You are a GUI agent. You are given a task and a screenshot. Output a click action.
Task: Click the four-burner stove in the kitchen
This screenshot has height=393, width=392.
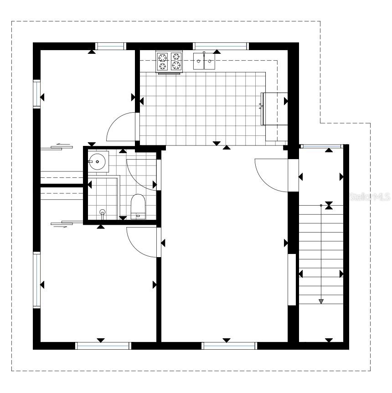tap(169, 62)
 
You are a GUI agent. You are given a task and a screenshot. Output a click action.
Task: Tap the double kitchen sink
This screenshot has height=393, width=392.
tap(204, 61)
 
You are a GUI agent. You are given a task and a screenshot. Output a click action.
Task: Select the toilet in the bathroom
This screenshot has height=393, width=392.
tap(138, 206)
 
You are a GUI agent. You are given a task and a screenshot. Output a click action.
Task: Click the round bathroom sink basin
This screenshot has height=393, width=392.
tap(97, 162)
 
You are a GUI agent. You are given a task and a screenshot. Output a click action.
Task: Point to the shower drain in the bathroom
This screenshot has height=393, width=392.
tap(102, 212)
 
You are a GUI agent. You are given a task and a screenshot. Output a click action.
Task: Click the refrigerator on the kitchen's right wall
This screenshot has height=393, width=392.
tap(274, 109)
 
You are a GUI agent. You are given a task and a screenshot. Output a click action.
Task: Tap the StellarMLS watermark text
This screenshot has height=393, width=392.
tap(370, 197)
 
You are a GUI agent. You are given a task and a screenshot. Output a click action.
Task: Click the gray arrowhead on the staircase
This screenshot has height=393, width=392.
tap(321, 301)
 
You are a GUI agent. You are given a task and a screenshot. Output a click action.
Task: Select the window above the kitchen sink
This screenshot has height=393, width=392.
tap(221, 47)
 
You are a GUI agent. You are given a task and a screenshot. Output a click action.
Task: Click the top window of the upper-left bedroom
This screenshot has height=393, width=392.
tap(110, 47)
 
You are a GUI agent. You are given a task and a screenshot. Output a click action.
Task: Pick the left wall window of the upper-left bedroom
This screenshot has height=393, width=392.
tap(37, 94)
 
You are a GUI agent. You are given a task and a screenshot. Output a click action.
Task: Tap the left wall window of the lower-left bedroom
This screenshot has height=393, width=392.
tap(37, 280)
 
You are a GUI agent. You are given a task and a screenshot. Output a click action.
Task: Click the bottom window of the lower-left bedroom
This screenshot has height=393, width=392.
tap(103, 346)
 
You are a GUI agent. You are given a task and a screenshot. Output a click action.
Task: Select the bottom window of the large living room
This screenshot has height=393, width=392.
tap(230, 346)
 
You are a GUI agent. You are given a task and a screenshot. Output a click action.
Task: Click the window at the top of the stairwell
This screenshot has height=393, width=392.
tap(321, 146)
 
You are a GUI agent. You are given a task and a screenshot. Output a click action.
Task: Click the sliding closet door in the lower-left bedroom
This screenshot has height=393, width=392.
tap(67, 223)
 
